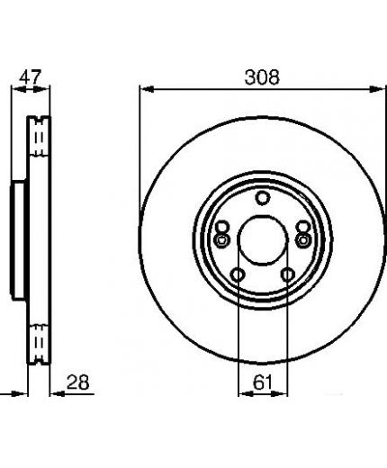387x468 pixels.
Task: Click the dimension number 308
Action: pos(262,77)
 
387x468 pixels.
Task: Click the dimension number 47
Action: pos(30,77)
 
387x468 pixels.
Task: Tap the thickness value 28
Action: pos(78,382)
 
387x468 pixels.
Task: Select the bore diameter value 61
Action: pos(263,382)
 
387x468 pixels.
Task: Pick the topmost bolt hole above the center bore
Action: pos(263,198)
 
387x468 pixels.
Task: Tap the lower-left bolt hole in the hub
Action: pos(238,274)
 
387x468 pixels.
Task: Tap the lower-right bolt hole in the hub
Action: pos(287,274)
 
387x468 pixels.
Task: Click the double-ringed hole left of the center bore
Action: pos(221,240)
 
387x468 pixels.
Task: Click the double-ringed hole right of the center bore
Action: pos(303,240)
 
